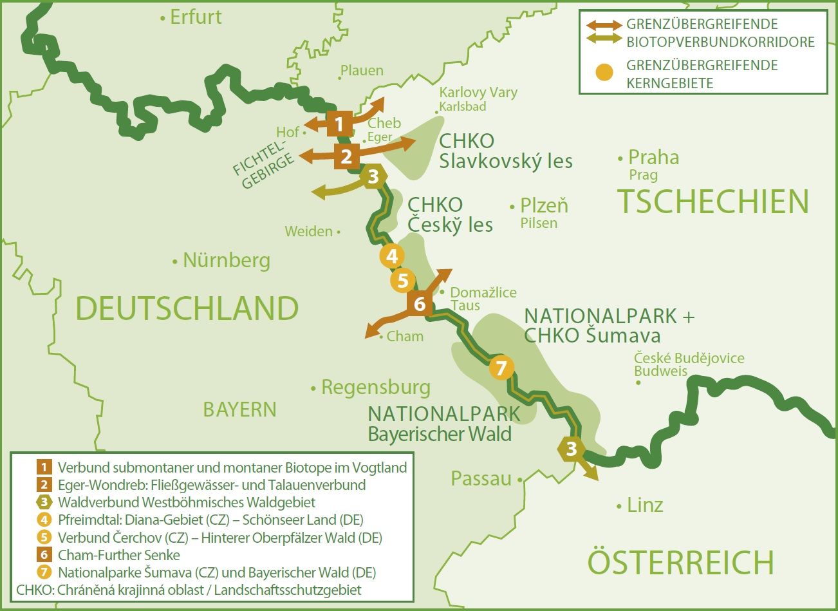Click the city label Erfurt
coord(195,17)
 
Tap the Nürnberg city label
coord(226,261)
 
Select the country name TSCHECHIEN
coord(712,202)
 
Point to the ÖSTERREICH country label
coord(680,562)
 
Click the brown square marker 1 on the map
coord(340,124)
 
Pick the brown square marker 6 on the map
coord(420,303)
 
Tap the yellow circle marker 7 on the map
coord(501,368)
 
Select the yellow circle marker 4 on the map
coord(392,256)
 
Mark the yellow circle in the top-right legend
coord(604,73)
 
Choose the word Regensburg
coord(375,388)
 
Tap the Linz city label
coord(645,505)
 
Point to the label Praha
coord(653,158)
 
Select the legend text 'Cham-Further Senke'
coord(119,555)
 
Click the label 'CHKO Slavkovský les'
coord(505,151)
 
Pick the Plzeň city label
coord(543,206)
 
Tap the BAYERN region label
coord(239,409)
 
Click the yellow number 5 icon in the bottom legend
coord(44,538)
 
